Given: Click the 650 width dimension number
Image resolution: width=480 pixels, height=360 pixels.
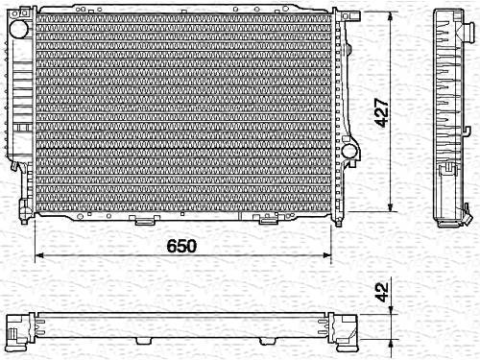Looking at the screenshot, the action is pos(181,246).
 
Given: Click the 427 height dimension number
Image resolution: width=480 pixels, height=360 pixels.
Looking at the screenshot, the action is pos(382,112).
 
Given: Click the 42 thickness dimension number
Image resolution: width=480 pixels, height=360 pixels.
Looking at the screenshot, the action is pos(382,292).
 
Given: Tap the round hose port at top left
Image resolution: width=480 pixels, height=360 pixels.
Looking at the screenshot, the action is pos(19,29).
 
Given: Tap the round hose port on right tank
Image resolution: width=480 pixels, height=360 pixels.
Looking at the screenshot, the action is pos(349,151).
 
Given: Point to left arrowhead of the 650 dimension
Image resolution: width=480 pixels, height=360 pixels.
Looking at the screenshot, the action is pos(39,255).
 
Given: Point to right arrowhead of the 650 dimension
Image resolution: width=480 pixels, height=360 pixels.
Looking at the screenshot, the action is pos(326,255).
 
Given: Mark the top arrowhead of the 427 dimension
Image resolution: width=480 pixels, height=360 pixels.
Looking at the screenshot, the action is pos(391,16).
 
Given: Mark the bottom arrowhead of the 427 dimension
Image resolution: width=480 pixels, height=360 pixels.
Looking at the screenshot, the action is pos(391,206).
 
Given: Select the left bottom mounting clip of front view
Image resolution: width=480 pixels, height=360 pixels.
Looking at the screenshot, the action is pos(144,220).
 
